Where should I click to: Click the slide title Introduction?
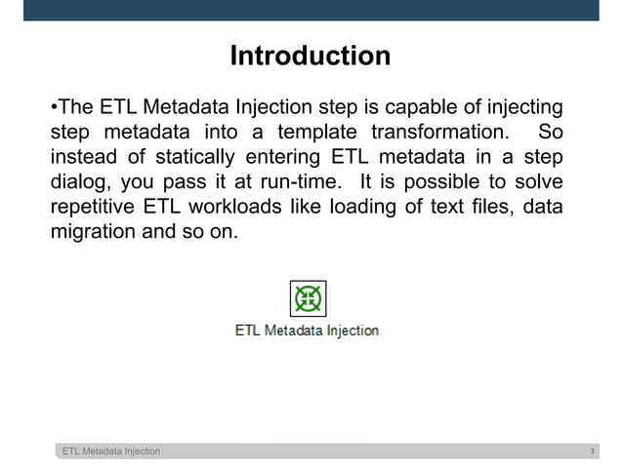tap(310, 57)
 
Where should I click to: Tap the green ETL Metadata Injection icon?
tap(309, 297)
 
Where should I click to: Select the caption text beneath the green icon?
tap(307, 330)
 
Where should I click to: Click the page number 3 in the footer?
tap(593, 451)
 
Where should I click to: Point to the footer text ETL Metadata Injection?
tap(111, 451)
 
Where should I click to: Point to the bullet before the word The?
tap(53, 106)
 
